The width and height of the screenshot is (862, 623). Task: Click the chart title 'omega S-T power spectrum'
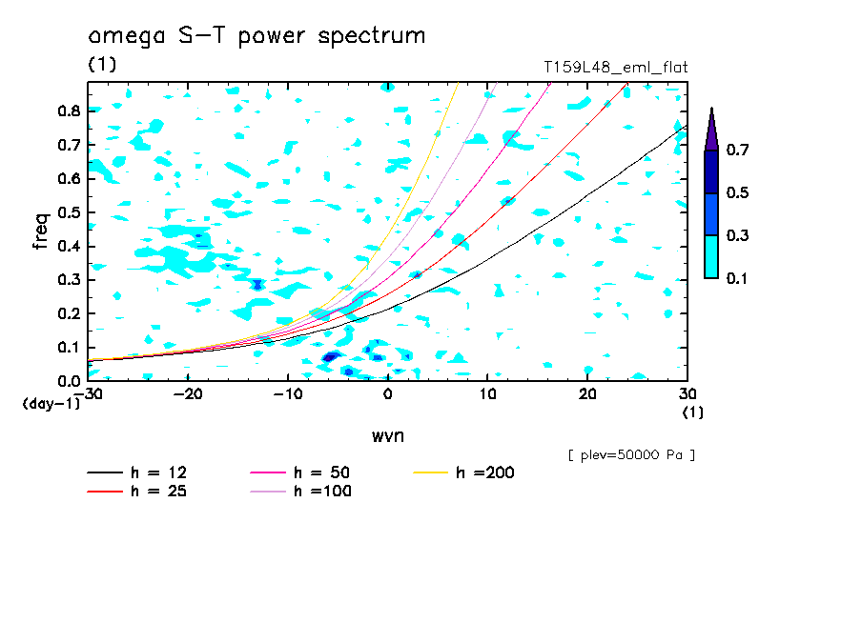pyautogui.click(x=257, y=36)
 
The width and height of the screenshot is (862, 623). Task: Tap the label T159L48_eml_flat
pyautogui.click(x=615, y=67)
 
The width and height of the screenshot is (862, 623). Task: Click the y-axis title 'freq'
pyautogui.click(x=40, y=231)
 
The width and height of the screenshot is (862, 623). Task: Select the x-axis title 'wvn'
pyautogui.click(x=387, y=435)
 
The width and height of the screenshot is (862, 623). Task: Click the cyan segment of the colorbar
pyautogui.click(x=711, y=256)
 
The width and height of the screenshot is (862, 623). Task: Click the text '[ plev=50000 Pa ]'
pyautogui.click(x=631, y=455)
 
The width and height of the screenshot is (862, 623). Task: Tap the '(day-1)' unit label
pyautogui.click(x=50, y=404)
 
